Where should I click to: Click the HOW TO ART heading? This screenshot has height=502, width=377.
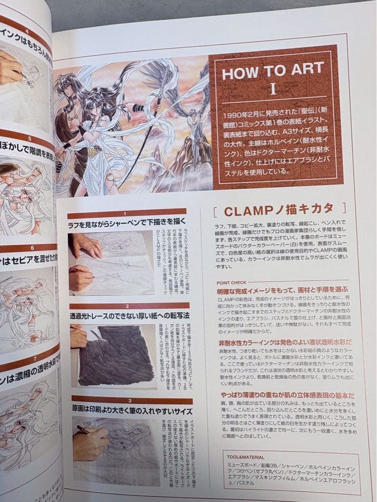click(x=272, y=71)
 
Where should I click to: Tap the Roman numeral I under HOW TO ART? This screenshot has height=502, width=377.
click(x=273, y=89)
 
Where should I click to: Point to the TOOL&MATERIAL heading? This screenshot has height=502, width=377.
click(x=246, y=457)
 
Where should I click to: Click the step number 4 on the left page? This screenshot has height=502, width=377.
click(x=26, y=32)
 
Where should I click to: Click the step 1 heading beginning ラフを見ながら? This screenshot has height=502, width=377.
click(x=127, y=224)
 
